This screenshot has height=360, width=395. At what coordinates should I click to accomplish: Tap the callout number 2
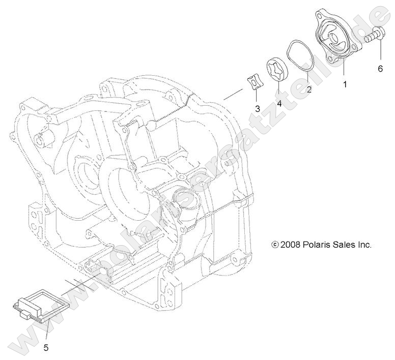pos(308,89)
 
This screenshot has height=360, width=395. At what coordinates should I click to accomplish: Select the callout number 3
pos(258,108)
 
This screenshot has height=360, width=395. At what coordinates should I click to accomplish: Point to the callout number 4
pos(279,104)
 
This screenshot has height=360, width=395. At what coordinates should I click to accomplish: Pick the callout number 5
pos(46,348)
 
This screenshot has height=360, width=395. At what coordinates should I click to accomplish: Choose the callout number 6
pos(380,68)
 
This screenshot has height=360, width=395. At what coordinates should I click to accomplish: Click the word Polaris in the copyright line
pos(320,245)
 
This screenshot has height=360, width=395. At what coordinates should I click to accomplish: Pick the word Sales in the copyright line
pos(348,245)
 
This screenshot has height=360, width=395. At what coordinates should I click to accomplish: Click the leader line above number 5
pos(47,333)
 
